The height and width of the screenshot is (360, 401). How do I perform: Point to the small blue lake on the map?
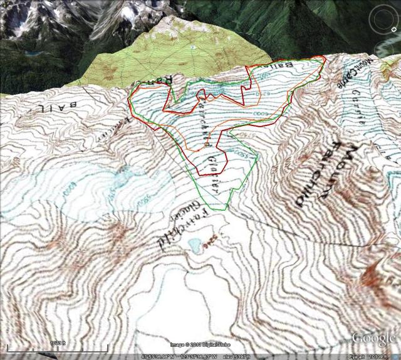(x=194, y=243)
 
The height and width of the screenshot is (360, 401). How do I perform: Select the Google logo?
(x=374, y=338)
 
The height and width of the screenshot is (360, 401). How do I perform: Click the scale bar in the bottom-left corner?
(x=56, y=347)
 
